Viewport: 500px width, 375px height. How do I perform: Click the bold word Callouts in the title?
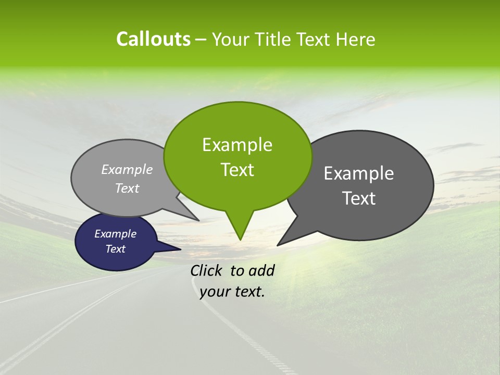(153, 39)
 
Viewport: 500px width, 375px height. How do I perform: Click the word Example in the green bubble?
(237, 145)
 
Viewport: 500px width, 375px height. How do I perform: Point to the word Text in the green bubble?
(237, 170)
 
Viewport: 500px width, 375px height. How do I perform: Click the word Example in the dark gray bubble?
(359, 173)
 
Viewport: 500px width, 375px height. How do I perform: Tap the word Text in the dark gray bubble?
(359, 198)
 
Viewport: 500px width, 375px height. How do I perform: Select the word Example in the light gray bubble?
(127, 169)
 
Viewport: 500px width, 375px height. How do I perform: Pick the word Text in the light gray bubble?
(127, 188)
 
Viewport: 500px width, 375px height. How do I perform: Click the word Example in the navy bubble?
(115, 234)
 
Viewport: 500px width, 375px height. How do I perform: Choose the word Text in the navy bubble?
(115, 249)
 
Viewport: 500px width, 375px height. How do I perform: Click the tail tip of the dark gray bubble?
(278, 245)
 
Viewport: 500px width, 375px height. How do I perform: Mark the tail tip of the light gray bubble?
(198, 220)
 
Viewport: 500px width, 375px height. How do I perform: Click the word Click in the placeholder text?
(207, 270)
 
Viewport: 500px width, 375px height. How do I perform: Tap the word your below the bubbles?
(214, 292)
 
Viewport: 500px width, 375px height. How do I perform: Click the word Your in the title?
(231, 39)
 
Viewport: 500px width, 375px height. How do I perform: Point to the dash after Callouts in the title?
(202, 39)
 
